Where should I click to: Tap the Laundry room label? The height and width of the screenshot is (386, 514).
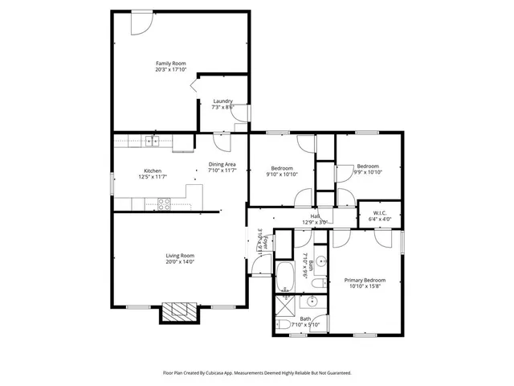point(222,101)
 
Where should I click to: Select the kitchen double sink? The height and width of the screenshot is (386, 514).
point(151,142)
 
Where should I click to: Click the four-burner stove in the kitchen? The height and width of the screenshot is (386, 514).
point(163,204)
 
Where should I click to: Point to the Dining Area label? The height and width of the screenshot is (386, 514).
point(222,164)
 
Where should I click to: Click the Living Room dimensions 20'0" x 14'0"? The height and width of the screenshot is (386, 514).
point(180,261)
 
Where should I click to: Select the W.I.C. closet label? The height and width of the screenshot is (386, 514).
point(380,212)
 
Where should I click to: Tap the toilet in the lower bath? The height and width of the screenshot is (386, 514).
point(285,325)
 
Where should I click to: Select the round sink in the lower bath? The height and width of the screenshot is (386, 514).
point(312,303)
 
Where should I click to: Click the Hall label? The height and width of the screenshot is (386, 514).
point(316,216)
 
